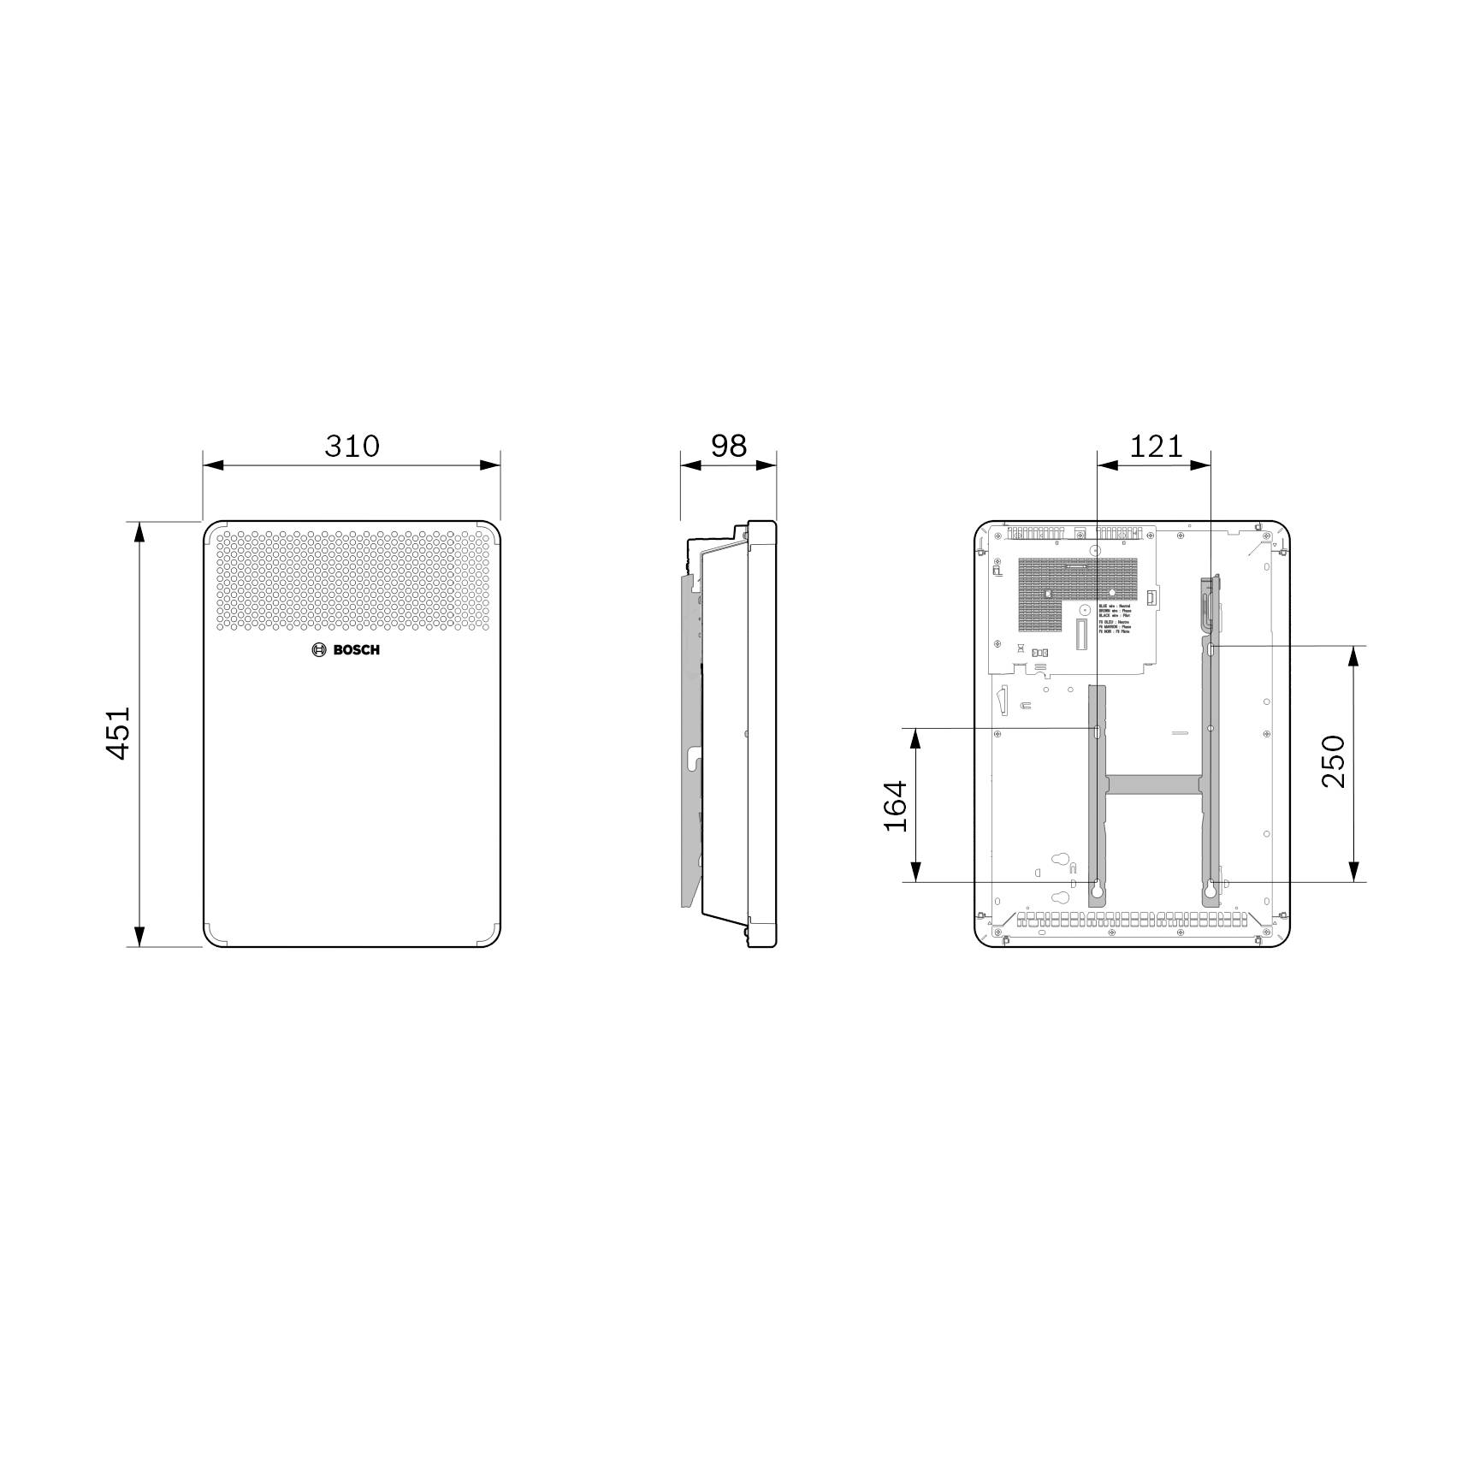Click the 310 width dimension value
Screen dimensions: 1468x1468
(352, 446)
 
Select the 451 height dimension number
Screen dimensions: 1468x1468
(117, 732)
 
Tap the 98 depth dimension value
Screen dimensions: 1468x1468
(729, 446)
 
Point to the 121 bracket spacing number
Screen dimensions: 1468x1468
(1156, 446)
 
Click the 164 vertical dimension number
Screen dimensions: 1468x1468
(895, 805)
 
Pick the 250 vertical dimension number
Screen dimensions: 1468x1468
(1333, 761)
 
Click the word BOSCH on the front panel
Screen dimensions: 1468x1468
(356, 650)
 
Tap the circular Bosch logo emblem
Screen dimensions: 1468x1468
(320, 650)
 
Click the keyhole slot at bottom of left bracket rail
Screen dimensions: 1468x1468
(1097, 890)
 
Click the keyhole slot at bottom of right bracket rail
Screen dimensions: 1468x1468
(1211, 890)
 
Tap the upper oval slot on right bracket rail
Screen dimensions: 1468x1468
(1211, 650)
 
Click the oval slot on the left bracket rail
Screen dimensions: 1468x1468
(1097, 730)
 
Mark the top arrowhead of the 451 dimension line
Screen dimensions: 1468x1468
(139, 531)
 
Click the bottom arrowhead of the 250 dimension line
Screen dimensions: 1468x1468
(1353, 871)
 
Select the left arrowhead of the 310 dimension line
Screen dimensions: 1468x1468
(213, 465)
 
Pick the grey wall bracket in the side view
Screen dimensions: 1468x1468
(690, 736)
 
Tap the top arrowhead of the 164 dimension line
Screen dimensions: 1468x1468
(915, 739)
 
